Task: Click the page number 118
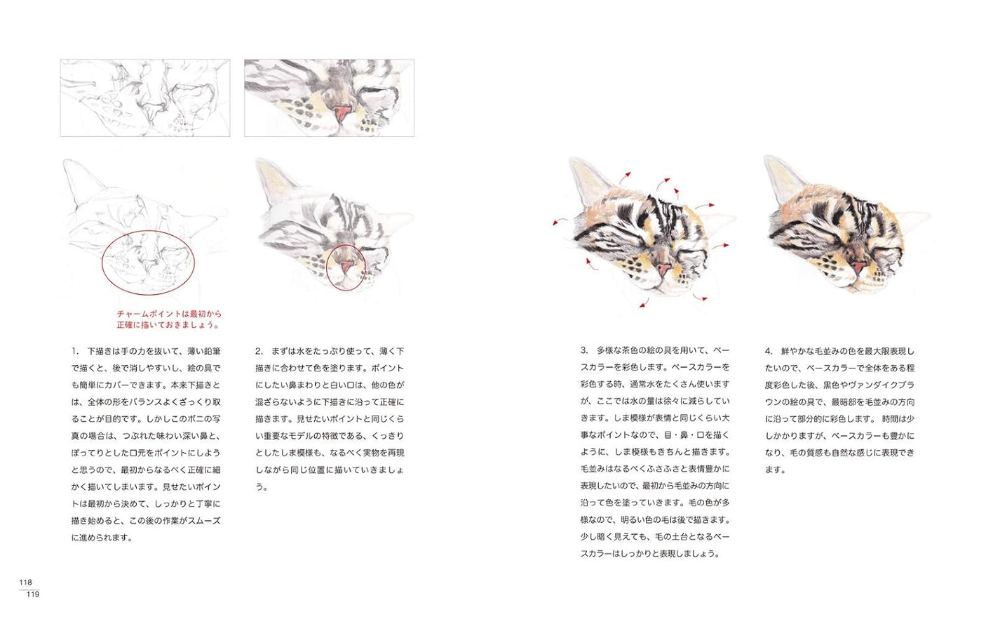coord(25,582)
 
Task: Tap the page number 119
coord(32,595)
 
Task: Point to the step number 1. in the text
coord(75,351)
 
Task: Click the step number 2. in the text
coord(259,351)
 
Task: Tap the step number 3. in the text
coord(583,350)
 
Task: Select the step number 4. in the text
coord(769,351)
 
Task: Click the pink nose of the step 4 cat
coord(857,267)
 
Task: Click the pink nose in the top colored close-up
coord(342,112)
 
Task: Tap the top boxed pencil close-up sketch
coord(145,98)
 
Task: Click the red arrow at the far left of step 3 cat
coord(559,221)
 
